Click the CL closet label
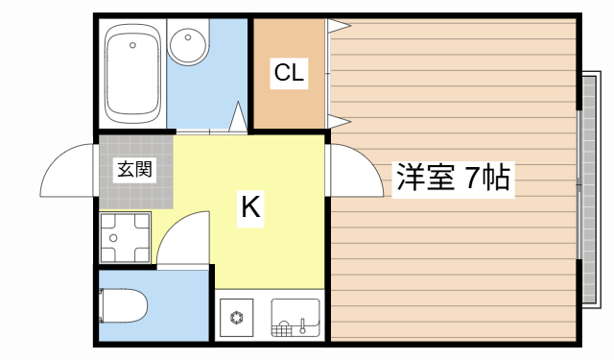point(289,72)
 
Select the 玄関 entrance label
point(134,172)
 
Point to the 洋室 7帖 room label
point(452,178)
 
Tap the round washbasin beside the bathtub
point(187,47)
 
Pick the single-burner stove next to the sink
point(237,316)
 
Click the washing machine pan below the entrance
point(125,234)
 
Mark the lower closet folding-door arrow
point(338,119)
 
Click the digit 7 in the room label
point(475,178)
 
